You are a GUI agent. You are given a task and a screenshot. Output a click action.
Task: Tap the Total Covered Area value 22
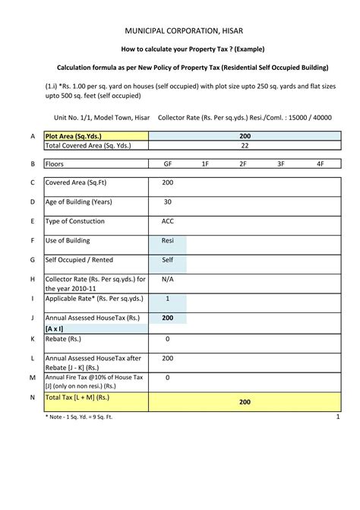(245, 145)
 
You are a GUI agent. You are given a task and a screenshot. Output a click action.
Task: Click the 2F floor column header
(243, 163)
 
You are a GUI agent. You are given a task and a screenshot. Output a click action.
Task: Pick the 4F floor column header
(321, 163)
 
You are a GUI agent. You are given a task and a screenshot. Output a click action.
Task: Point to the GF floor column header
(167, 163)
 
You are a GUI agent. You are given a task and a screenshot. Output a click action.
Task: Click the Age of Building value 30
(167, 202)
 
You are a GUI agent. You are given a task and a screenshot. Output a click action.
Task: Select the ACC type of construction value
(167, 221)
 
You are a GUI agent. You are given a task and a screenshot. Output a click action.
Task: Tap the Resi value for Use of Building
(167, 241)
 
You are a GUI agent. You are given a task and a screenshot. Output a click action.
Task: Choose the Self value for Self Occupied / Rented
(167, 260)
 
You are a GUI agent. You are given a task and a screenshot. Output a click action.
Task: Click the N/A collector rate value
(167, 279)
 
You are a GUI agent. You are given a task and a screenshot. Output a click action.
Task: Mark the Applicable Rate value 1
(167, 299)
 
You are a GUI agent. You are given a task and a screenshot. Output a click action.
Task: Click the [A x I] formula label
(54, 328)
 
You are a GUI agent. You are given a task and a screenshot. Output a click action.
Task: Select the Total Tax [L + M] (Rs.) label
(77, 397)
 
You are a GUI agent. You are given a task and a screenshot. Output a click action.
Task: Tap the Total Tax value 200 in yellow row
(245, 401)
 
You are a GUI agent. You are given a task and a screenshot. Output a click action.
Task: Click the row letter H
(33, 280)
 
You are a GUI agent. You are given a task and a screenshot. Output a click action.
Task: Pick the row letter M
(33, 378)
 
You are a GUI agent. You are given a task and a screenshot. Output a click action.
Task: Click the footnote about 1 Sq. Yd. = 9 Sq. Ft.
(79, 417)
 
